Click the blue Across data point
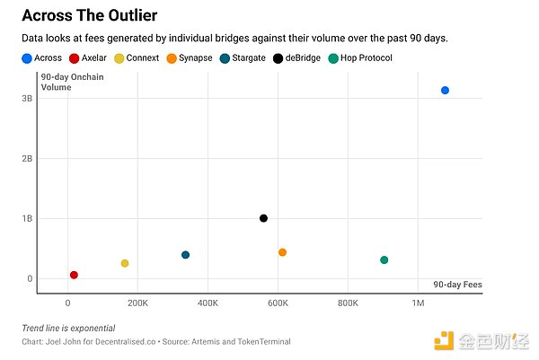445,91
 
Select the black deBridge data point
263,218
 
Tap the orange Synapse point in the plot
282,252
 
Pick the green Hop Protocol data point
384,260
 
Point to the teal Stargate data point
185,255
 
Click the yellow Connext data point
125,263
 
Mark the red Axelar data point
74,275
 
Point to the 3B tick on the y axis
28,98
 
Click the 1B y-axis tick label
28,218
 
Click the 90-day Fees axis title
457,285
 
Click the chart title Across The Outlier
90,16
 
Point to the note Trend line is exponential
68,328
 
